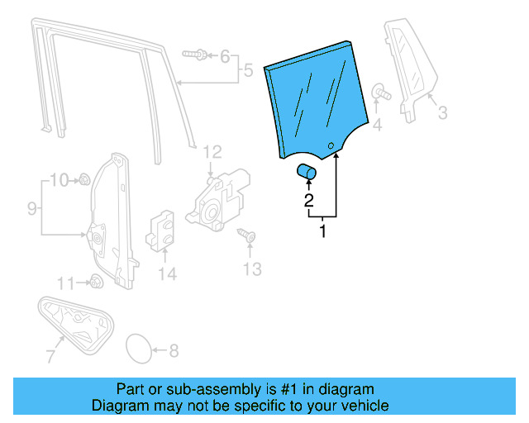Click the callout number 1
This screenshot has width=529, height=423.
coord(322,232)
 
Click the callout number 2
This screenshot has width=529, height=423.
coord(307,200)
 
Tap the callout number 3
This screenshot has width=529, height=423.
coord(442,112)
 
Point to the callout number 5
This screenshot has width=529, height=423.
coord(247,71)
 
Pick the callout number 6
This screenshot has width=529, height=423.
coord(224,56)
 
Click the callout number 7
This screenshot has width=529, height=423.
coord(50,357)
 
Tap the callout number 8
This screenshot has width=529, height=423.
coord(173,350)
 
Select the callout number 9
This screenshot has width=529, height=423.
coord(31,209)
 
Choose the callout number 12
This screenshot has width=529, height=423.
coord(212,151)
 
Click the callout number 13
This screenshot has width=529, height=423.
coord(252,269)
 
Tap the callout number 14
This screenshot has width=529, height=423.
coord(168,273)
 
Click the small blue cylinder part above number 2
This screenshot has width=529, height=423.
coord(307,172)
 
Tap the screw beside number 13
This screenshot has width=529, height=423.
coord(246,237)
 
